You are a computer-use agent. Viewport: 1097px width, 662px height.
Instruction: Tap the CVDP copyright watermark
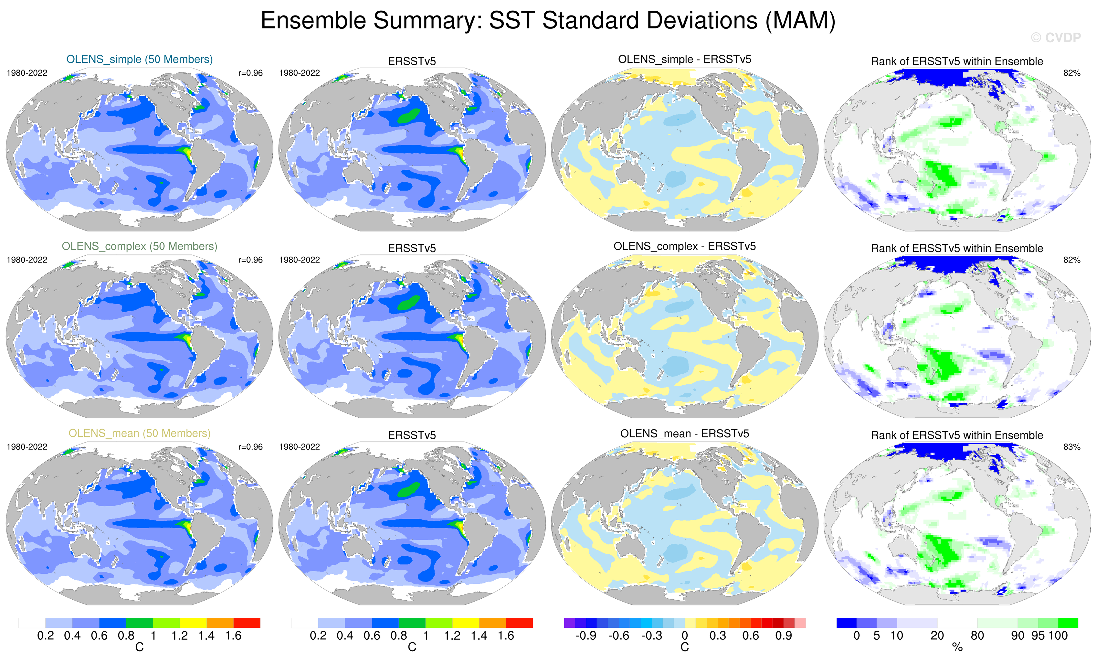[x=1056, y=38]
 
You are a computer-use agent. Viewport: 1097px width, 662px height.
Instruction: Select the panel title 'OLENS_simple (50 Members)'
[x=139, y=59]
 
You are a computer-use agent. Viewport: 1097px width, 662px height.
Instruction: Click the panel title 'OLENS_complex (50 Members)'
[x=139, y=246]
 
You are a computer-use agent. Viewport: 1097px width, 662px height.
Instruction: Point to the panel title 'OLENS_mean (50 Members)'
[x=139, y=433]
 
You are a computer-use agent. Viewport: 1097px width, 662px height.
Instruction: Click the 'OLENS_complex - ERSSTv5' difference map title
[x=684, y=246]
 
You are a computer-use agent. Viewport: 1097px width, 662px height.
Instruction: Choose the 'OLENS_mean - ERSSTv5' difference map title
[x=684, y=433]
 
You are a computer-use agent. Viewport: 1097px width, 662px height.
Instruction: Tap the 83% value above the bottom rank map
[x=1071, y=447]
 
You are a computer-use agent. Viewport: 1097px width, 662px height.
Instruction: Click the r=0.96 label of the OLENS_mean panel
[x=250, y=447]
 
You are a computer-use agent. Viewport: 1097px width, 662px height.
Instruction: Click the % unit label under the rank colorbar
[x=957, y=647]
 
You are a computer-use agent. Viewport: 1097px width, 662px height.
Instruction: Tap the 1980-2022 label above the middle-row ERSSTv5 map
[x=299, y=260]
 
